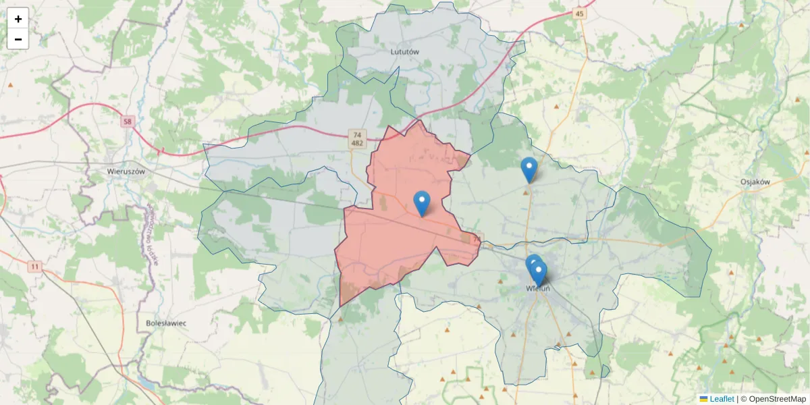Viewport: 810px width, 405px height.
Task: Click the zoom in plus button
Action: point(18,18)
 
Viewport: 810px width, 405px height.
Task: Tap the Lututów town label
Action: point(405,51)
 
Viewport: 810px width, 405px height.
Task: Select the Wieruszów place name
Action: point(126,171)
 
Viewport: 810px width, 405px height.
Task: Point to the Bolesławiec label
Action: point(166,323)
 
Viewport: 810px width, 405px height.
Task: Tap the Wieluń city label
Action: point(538,289)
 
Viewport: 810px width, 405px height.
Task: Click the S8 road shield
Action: point(128,122)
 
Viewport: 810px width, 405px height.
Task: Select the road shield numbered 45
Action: point(580,13)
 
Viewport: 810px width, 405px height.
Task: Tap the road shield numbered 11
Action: point(34,267)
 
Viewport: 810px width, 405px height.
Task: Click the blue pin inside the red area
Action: point(422,202)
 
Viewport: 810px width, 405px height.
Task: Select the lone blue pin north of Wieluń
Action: point(529,169)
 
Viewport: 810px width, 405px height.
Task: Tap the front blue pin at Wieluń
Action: point(539,273)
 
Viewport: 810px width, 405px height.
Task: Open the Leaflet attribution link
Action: point(721,399)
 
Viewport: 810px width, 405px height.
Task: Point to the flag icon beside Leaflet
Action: point(703,399)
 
